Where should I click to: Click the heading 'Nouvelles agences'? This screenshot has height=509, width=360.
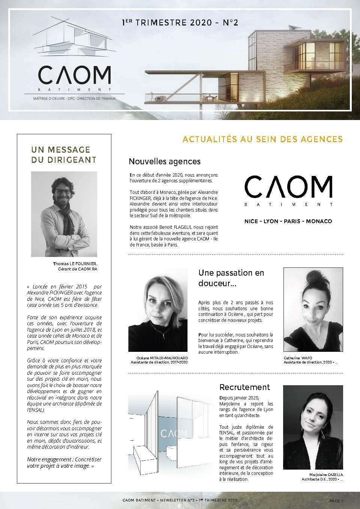(165, 162)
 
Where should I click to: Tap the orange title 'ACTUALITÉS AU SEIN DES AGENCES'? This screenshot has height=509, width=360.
(262, 140)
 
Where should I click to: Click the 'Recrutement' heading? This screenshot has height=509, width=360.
(244, 387)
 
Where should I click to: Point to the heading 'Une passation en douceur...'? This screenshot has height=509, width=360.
(231, 278)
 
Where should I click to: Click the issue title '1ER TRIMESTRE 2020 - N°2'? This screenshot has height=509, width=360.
(180, 23)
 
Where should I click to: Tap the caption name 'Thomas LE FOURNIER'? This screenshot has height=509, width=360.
(75, 264)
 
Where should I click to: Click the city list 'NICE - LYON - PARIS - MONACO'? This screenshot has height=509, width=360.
(288, 221)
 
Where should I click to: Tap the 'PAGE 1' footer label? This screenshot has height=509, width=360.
(336, 501)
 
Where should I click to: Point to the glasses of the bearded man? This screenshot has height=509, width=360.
(63, 191)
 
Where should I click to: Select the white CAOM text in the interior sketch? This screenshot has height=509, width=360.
(174, 434)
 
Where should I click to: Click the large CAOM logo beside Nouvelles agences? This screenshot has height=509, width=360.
(288, 188)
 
